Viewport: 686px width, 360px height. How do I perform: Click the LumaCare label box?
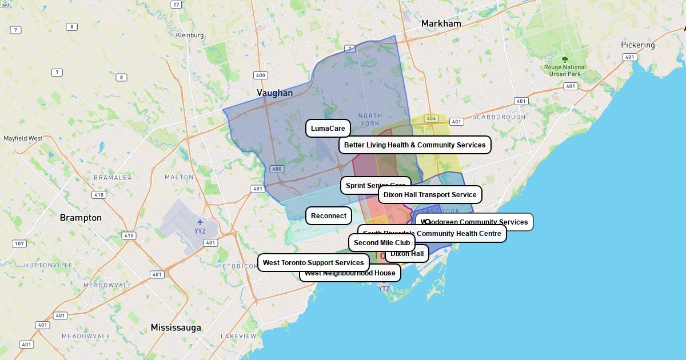coord(328,129)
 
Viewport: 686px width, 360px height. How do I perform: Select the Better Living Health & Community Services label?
coord(414,145)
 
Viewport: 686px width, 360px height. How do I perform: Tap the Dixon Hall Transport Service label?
coord(430,195)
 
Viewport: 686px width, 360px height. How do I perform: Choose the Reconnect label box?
coord(329,216)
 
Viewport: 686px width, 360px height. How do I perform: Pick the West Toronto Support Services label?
coord(313,263)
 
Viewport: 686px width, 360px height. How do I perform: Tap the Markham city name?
coord(441,24)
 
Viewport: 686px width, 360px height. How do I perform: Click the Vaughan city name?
coord(274,93)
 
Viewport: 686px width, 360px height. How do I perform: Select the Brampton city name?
coord(81,218)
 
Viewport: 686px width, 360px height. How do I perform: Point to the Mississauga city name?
coord(176,327)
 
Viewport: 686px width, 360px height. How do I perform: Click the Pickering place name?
coord(638,45)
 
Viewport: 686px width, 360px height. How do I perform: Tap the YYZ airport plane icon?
coord(200,222)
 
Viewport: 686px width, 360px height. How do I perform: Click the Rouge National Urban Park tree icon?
coord(565,59)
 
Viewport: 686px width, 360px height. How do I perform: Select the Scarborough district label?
coord(498,117)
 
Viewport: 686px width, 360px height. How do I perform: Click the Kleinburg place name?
coord(190,35)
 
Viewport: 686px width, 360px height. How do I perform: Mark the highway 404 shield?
coord(431,119)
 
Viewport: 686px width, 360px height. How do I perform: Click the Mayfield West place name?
coord(23,138)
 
